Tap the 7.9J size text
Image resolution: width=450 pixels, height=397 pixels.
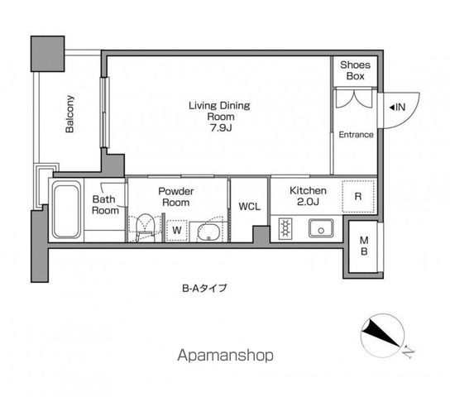click(219, 128)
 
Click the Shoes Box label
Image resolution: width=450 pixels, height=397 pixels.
click(356, 70)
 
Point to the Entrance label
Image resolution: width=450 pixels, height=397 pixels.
click(356, 135)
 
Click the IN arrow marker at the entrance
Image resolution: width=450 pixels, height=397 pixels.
click(396, 107)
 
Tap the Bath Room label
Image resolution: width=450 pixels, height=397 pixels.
click(105, 204)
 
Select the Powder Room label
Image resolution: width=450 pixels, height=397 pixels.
click(176, 196)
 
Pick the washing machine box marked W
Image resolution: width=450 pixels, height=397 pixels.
click(177, 229)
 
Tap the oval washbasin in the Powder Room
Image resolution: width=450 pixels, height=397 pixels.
click(209, 231)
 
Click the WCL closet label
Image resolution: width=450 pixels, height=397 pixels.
click(249, 207)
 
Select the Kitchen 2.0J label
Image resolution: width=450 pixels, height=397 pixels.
click(308, 196)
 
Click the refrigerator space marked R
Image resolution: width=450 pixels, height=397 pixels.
click(357, 196)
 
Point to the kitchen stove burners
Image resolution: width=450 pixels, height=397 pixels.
click(287, 227)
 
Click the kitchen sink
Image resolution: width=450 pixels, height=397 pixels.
click(319, 227)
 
